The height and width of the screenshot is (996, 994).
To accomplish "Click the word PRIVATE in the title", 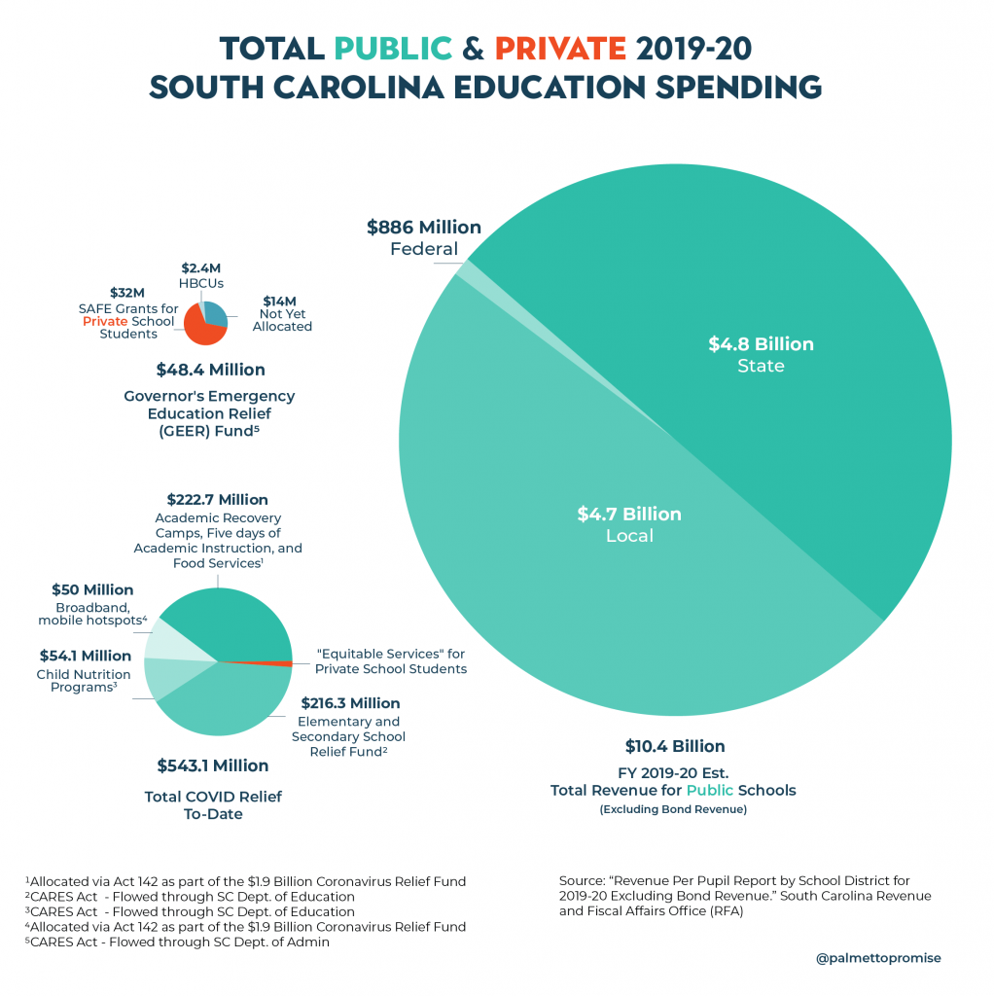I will point(559,47).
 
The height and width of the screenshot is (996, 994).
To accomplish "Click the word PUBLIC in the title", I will point(393,47).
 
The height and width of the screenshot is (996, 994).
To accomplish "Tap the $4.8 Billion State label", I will point(761,354).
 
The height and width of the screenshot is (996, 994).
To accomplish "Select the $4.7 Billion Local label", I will point(629,524).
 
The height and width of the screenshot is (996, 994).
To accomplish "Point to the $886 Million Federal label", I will point(424,237).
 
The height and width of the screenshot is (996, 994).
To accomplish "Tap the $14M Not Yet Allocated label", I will point(282,314).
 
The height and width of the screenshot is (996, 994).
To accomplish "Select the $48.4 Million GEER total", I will point(210,370).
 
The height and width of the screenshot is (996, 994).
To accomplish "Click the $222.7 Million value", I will point(217,499).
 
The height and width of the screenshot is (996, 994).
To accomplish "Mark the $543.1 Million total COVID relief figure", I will point(213,765).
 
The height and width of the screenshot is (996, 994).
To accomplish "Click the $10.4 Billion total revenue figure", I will point(674,746).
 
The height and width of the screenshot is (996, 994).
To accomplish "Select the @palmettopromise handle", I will point(878,957).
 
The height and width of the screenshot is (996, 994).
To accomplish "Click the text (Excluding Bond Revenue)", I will point(673,809).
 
